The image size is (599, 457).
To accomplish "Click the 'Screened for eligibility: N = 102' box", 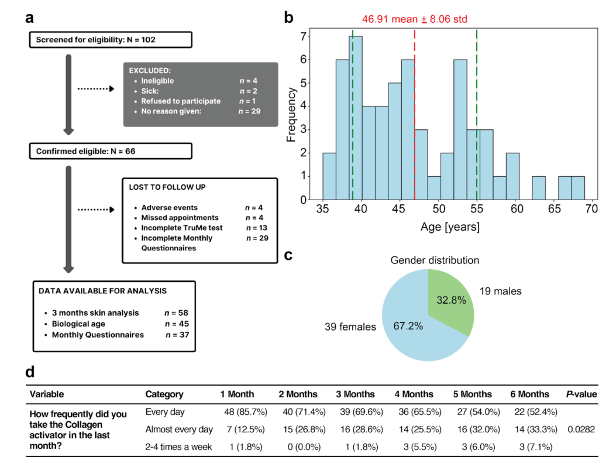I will coord(110,40).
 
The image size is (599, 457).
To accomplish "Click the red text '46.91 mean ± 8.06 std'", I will coord(414,19).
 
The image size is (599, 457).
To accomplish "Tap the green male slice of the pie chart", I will coord(450,299).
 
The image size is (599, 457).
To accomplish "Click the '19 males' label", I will coord(500,291).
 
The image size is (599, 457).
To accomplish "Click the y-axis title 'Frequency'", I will coord(291,117).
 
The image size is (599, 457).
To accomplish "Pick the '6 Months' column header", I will coord(529,394).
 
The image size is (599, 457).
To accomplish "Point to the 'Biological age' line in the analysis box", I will coord(80,324).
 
